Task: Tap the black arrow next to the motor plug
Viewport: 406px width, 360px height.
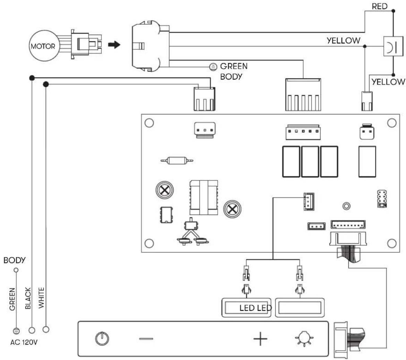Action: pos(114,45)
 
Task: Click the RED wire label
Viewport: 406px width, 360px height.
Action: pos(379,6)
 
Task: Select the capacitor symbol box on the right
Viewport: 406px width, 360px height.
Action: pos(393,47)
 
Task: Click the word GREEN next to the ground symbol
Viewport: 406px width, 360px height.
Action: pos(234,66)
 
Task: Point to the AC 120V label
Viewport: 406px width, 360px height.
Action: pos(24,342)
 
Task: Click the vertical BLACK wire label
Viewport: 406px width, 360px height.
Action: pos(28,298)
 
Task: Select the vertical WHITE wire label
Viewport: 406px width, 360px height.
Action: pos(41,298)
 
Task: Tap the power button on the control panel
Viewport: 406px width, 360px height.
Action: pos(102,338)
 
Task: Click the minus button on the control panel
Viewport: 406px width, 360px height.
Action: pos(146,338)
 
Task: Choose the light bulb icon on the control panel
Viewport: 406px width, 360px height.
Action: pos(304,338)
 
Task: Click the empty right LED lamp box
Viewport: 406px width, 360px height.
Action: pos(299,308)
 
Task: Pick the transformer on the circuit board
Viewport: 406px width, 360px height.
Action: pos(203,198)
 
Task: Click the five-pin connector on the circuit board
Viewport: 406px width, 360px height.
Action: pos(303,132)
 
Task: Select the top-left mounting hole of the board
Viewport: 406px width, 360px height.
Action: pos(149,123)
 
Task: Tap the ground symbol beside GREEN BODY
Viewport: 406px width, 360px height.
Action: pos(213,67)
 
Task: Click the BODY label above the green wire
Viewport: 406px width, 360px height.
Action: pos(15,260)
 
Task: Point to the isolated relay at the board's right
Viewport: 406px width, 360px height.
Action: pos(367,162)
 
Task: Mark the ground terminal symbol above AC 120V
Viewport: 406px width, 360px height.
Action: pos(16,331)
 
